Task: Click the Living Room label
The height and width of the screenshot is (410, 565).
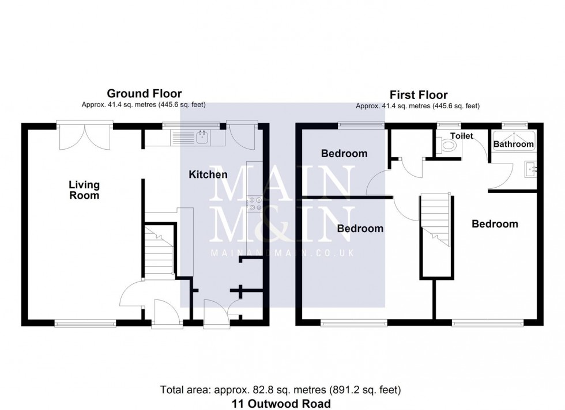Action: (x=84, y=190)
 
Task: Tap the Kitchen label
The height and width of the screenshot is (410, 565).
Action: (x=208, y=174)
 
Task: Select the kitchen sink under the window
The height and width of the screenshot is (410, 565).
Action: (x=202, y=137)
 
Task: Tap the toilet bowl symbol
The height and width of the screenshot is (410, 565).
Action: (x=447, y=146)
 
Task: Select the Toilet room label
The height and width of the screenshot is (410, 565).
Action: (x=461, y=136)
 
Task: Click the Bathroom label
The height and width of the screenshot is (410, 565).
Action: (x=513, y=144)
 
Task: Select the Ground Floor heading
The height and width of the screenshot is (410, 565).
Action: (x=144, y=93)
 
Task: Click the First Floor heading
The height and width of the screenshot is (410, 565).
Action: (x=419, y=95)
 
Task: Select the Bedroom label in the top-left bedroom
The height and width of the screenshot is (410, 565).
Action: (x=344, y=154)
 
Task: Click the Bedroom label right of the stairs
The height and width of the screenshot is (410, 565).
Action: (x=495, y=224)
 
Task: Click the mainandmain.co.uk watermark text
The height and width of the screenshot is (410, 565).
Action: (x=282, y=253)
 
